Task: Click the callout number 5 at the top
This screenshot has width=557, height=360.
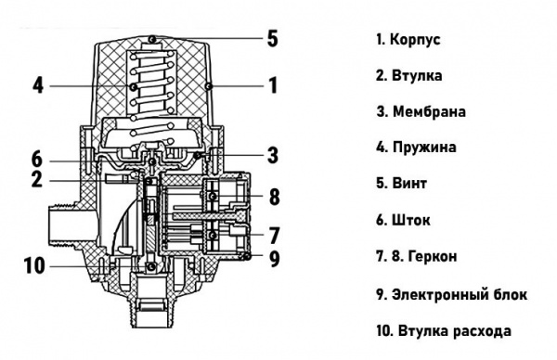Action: (x=272, y=38)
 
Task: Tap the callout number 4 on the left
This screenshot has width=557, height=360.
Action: (x=38, y=86)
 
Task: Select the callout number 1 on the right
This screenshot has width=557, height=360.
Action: (x=273, y=86)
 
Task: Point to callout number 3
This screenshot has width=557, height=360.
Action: (x=273, y=154)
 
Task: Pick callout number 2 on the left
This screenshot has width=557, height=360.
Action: (x=37, y=179)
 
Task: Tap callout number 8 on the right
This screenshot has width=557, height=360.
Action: (x=273, y=197)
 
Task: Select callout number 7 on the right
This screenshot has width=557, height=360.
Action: (x=273, y=234)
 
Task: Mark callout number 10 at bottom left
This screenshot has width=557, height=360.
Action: (x=33, y=266)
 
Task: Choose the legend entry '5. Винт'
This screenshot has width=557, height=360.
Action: (x=401, y=184)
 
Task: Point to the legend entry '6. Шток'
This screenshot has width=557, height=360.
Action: (x=402, y=220)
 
